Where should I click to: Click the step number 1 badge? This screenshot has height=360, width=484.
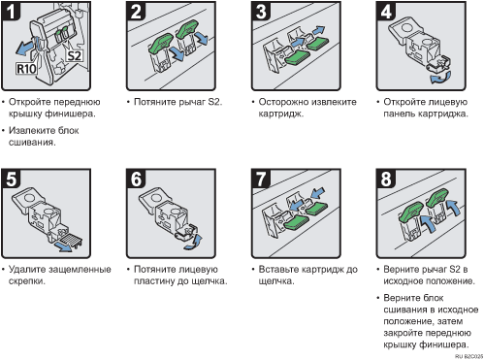(x=11, y=11)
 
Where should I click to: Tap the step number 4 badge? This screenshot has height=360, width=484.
(x=386, y=11)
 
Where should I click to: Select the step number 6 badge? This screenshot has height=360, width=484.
(x=136, y=179)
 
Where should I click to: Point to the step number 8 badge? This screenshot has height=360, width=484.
(x=386, y=179)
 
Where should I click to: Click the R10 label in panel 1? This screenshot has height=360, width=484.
(x=26, y=69)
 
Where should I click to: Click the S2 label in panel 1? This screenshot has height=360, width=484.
(x=74, y=55)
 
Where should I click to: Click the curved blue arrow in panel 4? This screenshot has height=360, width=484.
(x=440, y=78)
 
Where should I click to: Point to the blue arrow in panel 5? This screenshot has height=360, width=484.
(x=63, y=246)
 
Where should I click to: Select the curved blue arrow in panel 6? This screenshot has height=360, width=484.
(x=194, y=243)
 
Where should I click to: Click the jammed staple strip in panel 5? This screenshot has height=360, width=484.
(x=72, y=239)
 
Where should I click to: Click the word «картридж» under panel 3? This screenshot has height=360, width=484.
(x=280, y=114)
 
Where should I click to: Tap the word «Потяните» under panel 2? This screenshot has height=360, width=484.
(x=153, y=102)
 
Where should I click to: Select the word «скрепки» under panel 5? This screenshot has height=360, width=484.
(x=26, y=281)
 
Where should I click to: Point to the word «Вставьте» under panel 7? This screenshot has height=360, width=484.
(x=278, y=269)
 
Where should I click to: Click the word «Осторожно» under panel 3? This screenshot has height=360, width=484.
(x=281, y=102)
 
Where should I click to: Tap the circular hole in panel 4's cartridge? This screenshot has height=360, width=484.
(x=406, y=27)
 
